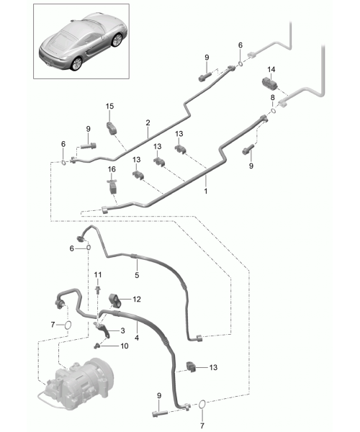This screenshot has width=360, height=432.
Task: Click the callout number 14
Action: tap(271, 69)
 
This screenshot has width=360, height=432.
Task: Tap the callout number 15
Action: tap(109, 106)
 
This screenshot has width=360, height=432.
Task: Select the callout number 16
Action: tap(112, 169)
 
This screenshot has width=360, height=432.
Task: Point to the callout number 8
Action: tap(272, 97)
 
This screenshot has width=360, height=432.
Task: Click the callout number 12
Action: tap(137, 300)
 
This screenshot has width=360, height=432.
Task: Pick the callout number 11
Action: tap(98, 275)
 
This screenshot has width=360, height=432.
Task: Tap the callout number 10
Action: tap(125, 346)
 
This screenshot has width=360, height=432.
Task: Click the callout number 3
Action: tap(122, 330)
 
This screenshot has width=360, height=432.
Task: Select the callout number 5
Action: tap(137, 275)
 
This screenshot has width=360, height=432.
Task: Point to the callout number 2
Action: tap(148, 122)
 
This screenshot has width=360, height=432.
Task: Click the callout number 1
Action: tap(205, 191)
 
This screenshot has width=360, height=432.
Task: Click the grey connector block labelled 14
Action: tap(269, 82)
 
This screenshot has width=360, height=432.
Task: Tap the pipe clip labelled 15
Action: tap(112, 128)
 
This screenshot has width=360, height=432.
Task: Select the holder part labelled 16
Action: tap(112, 186)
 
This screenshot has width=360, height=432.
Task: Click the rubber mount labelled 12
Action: tap(115, 301)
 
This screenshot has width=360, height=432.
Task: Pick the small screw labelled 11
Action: tap(98, 289)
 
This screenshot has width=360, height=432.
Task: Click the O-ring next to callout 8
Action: tap(273, 111)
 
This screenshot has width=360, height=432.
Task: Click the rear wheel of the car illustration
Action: tap(76, 63)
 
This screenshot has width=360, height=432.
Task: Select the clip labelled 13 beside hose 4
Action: tap(191, 366)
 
